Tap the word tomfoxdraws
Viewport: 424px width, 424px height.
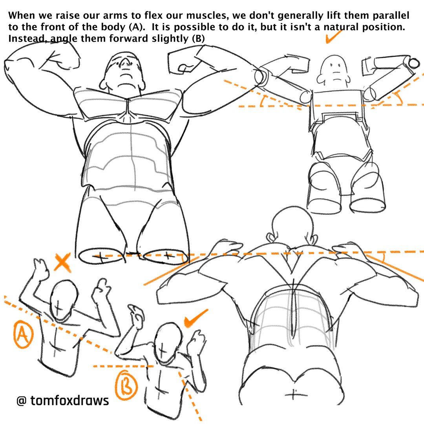point(70,400)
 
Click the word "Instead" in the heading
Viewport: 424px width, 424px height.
point(27,38)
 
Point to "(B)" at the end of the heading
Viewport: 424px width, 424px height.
point(198,38)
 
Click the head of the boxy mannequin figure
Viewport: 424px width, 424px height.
point(333,70)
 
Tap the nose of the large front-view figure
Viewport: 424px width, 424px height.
point(124,64)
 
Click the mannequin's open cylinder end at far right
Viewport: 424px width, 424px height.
point(413,63)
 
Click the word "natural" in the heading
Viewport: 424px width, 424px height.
point(341,27)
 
